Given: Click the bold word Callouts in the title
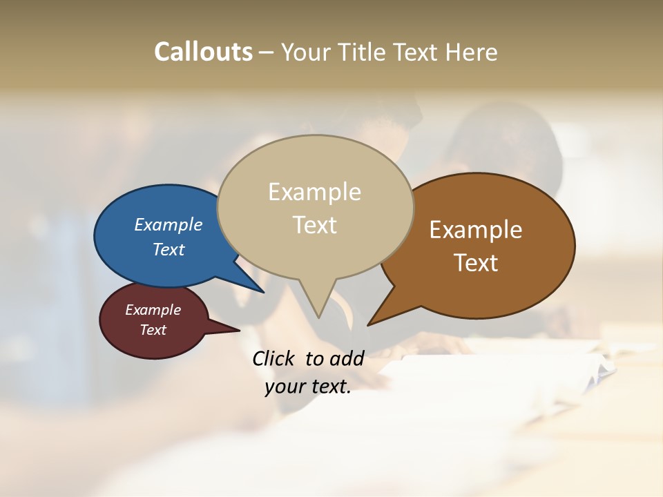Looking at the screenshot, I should [x=203, y=52].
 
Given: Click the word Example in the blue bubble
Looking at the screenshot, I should [x=169, y=224].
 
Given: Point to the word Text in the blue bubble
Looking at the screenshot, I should [x=169, y=249].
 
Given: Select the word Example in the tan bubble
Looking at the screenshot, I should [x=314, y=192].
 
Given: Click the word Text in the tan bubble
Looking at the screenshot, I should [x=314, y=225].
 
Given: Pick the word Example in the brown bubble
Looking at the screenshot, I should [x=476, y=230].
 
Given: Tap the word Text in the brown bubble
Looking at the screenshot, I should [x=476, y=263].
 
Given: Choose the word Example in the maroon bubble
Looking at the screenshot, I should [x=153, y=310].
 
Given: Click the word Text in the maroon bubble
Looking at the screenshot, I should [x=153, y=330].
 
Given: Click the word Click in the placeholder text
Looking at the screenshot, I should [x=275, y=358].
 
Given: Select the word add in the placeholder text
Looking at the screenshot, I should [x=347, y=358].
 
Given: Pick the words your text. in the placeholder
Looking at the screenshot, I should [x=308, y=387].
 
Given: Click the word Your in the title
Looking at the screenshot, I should [x=305, y=52].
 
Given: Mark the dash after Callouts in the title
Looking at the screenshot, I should [x=267, y=52].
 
